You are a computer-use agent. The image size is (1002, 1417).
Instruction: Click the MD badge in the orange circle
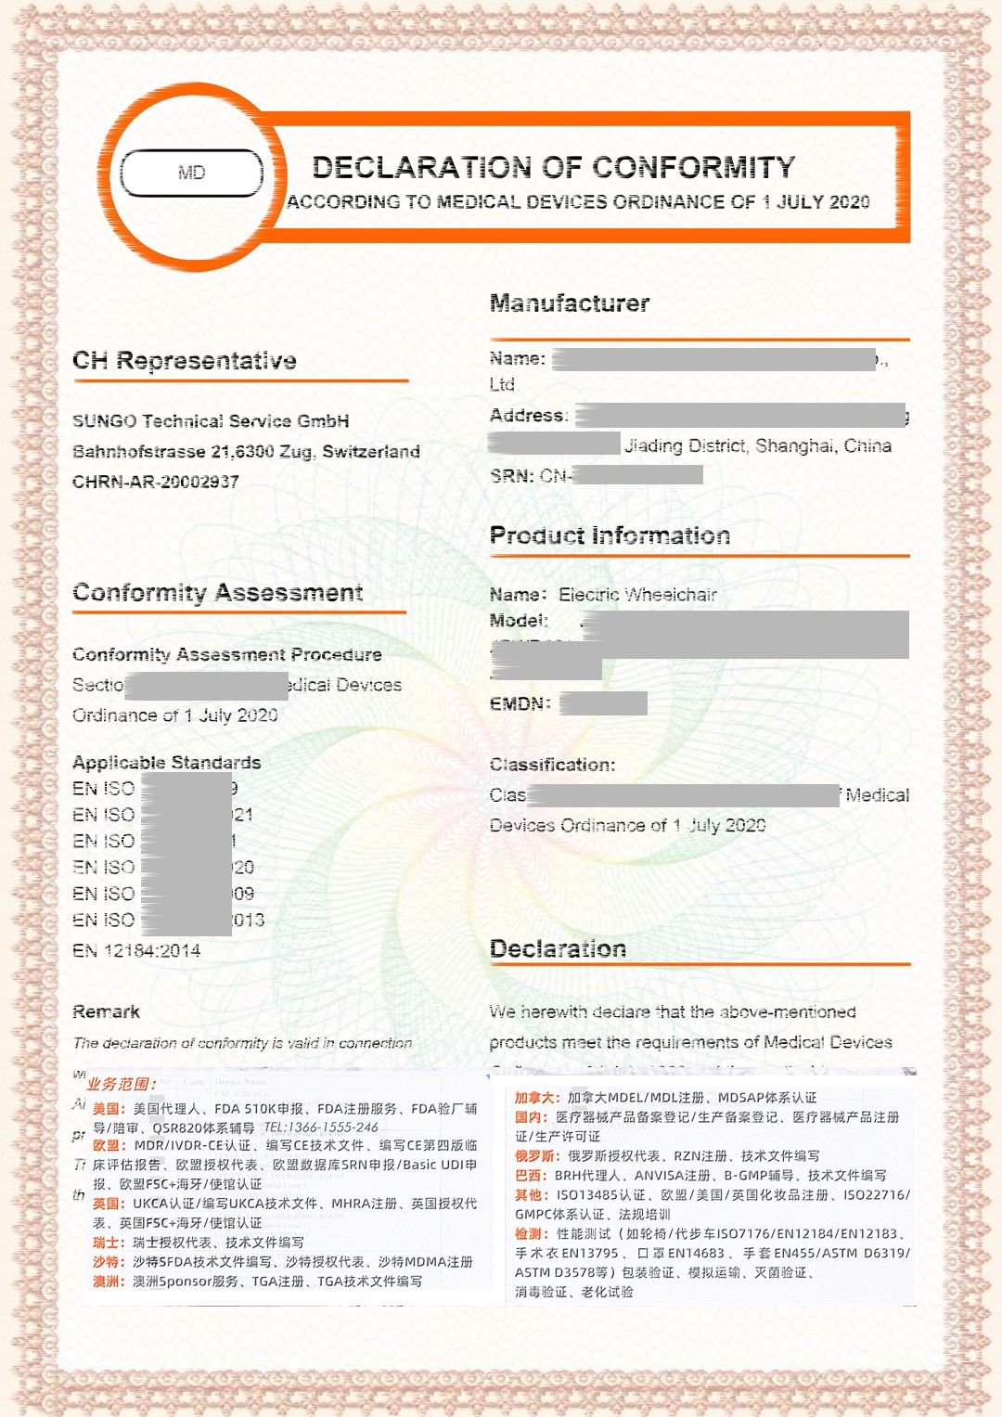pyautogui.click(x=192, y=173)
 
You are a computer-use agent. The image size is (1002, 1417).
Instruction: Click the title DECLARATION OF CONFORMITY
pyautogui.click(x=554, y=167)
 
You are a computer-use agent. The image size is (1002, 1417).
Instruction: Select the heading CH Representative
pyautogui.click(x=185, y=361)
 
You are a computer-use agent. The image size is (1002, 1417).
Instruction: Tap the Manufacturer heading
pyautogui.click(x=570, y=303)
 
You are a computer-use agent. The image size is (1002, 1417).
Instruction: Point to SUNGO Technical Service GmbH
pyautogui.click(x=211, y=421)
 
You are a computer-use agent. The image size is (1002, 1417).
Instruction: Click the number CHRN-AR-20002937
pyautogui.click(x=156, y=482)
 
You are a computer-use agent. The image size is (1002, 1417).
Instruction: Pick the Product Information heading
pyautogui.click(x=610, y=535)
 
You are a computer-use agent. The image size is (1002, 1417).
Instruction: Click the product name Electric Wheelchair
pyautogui.click(x=637, y=595)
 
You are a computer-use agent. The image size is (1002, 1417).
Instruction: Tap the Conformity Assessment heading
pyautogui.click(x=218, y=593)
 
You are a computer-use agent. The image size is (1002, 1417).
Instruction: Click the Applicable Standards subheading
pyautogui.click(x=167, y=763)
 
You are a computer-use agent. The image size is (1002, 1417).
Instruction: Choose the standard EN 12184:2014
pyautogui.click(x=136, y=950)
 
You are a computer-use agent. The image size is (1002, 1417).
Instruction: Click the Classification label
pyautogui.click(x=552, y=765)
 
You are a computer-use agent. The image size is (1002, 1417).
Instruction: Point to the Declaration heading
pyautogui.click(x=558, y=948)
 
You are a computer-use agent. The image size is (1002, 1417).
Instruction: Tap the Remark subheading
pyautogui.click(x=107, y=1011)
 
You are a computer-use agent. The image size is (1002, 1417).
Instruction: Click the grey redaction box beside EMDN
pyautogui.click(x=603, y=703)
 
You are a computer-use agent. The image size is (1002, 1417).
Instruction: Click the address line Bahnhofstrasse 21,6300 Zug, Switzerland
pyautogui.click(x=246, y=452)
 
